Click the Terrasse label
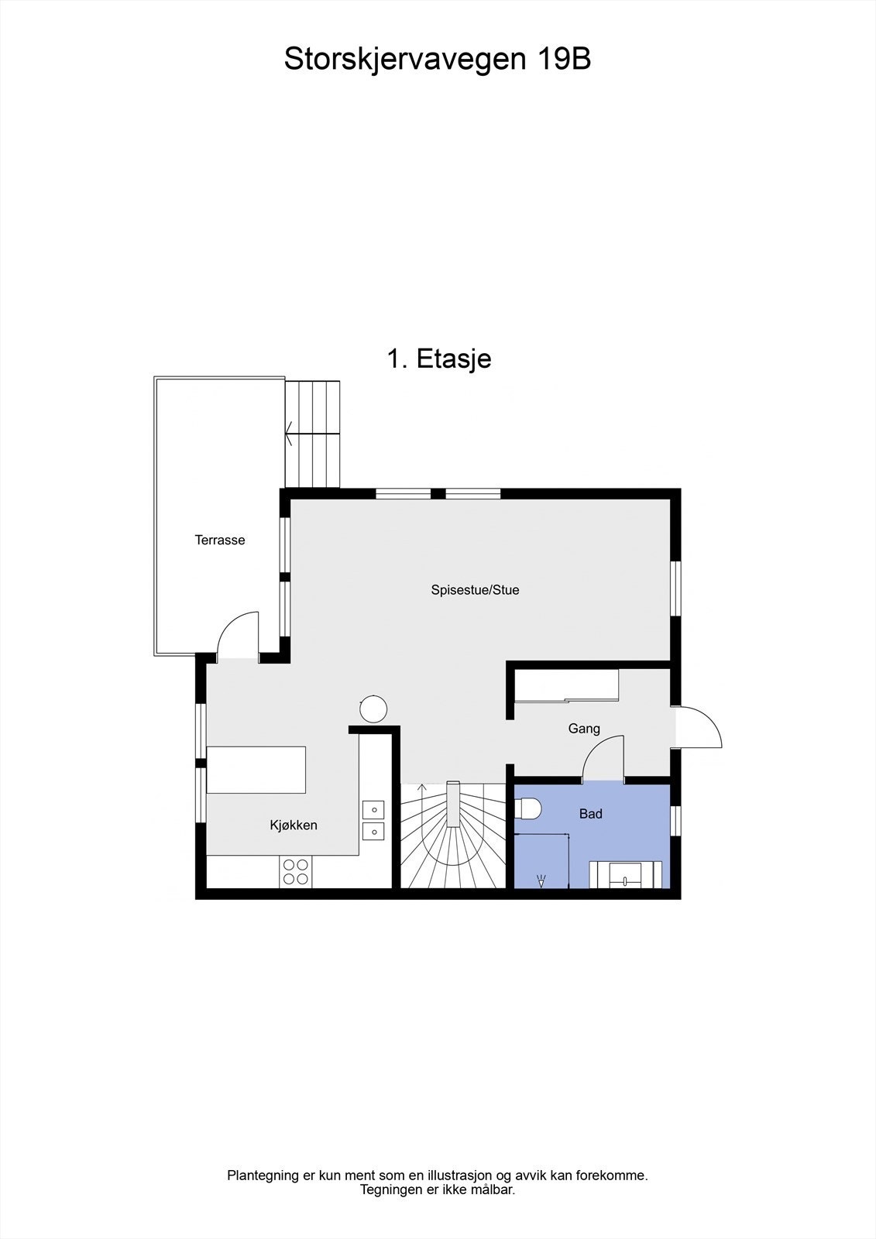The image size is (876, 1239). pos(220,541)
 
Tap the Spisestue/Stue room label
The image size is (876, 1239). pos(475,590)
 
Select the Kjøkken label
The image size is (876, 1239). pos(294,825)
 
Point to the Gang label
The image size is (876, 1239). pos(584,729)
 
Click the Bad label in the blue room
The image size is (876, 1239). pos(591,814)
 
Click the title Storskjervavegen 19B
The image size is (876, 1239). pos(438,59)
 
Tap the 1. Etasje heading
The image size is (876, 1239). pos(438,359)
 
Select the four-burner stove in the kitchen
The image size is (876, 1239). pos(295,872)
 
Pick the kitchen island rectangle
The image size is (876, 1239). pos(256,770)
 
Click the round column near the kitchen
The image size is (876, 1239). pos(373,709)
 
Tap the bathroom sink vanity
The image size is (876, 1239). pos(625,875)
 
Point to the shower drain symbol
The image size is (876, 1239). pos(541,880)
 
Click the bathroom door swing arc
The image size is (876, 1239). pos(603,757)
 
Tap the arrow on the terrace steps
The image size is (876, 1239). pos(289,433)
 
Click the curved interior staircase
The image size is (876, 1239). pos(452,836)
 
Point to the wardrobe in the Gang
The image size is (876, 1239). pos(567,686)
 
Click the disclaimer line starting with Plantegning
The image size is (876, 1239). pos(438,1176)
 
